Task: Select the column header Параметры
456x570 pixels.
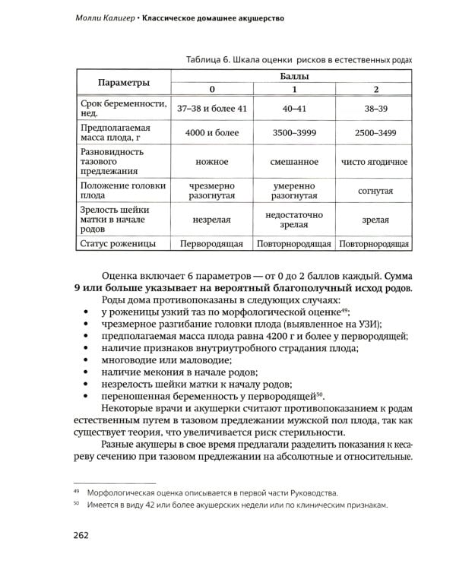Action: [x=122, y=81]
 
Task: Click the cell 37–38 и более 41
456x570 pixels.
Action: [x=212, y=109]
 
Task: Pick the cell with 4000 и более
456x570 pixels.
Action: [x=212, y=133]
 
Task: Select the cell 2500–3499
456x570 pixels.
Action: [x=374, y=133]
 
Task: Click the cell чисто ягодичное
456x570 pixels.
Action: [x=374, y=163]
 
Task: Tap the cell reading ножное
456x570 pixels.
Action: [x=212, y=163]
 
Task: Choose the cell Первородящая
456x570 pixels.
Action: [x=212, y=244]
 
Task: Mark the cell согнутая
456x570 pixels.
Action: [x=374, y=191]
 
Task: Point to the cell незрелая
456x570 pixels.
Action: [x=212, y=220]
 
